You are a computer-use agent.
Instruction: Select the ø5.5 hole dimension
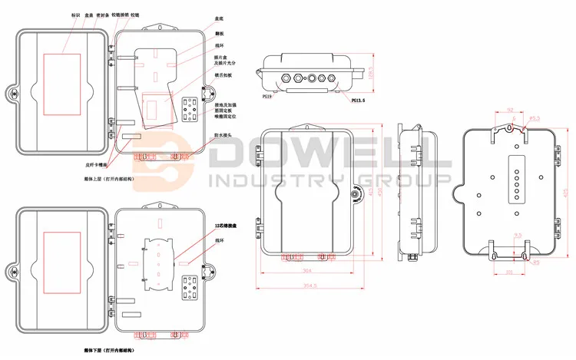pyautogui.click(x=537, y=117)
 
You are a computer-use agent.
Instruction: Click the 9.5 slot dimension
pyautogui.click(x=518, y=235)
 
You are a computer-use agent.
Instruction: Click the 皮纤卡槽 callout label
pyautogui.click(x=94, y=164)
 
